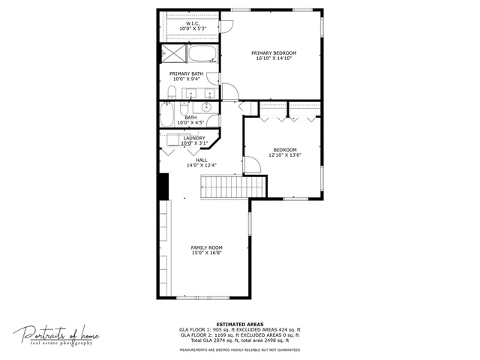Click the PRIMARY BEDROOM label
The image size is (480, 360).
tap(274, 52)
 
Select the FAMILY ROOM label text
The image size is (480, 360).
tap(206, 247)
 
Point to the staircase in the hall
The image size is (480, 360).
tap(232, 187)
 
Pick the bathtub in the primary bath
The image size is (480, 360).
tap(201, 54)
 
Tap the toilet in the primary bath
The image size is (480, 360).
tap(172, 93)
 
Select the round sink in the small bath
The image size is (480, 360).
tap(206, 106)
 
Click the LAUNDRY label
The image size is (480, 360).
tap(194, 138)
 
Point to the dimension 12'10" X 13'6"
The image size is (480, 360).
tap(284, 155)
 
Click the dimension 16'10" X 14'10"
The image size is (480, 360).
tap(274, 58)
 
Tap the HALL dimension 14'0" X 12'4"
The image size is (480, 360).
tap(201, 165)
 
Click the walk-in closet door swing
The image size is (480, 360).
tap(226, 25)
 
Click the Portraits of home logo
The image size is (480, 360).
tap(56, 334)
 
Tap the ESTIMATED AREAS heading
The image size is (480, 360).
tap(239, 324)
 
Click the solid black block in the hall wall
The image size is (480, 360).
tap(162, 187)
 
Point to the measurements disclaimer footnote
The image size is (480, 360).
tap(239, 349)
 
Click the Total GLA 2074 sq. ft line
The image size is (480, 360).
tap(239, 340)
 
